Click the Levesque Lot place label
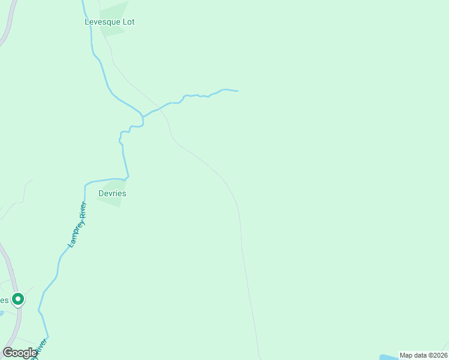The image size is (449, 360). click(x=109, y=22)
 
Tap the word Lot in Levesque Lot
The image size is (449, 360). click(x=128, y=22)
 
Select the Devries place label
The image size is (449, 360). click(x=112, y=194)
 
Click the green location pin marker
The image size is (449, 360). click(x=18, y=298)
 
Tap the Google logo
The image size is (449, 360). click(x=20, y=353)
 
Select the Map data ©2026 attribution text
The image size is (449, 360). click(x=423, y=355)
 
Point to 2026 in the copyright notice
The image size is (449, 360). click(x=437, y=355)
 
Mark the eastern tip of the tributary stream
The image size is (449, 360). click(x=238, y=91)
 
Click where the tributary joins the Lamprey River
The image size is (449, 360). click(x=143, y=116)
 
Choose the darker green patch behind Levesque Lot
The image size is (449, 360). click(x=114, y=15)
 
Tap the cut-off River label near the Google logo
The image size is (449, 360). click(x=40, y=349)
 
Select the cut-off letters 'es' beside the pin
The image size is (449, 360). click(x=4, y=300)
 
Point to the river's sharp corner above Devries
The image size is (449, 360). click(x=127, y=178)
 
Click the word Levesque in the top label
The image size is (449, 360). click(x=101, y=22)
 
